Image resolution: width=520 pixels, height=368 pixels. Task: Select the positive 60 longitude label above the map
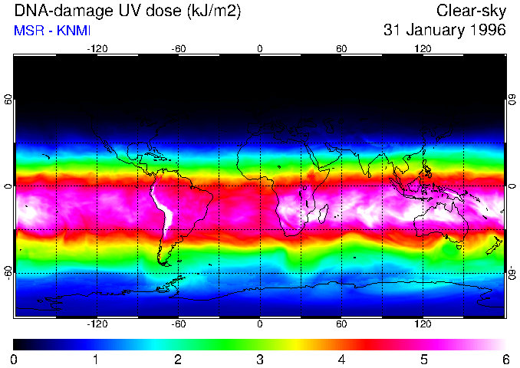coord(341,48)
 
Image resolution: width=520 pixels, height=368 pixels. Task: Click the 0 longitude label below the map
coord(260,324)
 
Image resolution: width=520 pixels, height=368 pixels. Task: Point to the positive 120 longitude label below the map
coord(423,324)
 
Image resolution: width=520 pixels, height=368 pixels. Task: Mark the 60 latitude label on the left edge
coord(8,100)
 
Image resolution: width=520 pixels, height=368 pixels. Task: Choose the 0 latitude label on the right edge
coord(512,186)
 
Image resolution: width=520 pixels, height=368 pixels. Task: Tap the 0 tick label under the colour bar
coord(15,359)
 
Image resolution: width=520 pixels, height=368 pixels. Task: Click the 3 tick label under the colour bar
coord(260,359)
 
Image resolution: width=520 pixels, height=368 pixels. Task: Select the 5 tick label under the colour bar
coord(423,359)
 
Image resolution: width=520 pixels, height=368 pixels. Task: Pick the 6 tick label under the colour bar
coord(505,359)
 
